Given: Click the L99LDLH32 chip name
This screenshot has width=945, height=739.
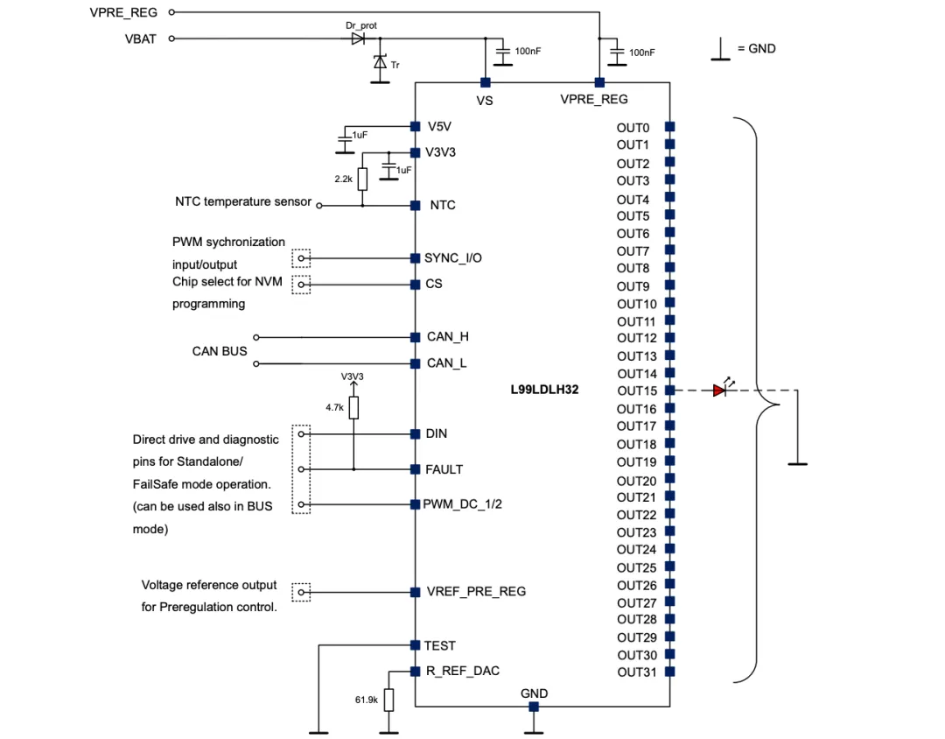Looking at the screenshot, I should (x=544, y=391).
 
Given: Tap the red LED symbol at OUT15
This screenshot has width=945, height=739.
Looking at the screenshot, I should (x=719, y=391).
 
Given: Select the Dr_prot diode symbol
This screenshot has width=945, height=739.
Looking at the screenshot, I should (x=357, y=39).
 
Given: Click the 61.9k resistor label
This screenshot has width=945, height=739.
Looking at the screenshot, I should (x=367, y=700).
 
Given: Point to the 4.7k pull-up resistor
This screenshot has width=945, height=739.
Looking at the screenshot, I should (x=353, y=408).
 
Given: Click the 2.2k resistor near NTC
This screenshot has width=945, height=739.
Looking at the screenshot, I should (x=362, y=179).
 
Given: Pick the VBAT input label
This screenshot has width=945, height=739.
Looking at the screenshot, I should (x=140, y=39).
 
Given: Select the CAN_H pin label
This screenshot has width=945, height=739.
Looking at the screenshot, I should (x=448, y=337).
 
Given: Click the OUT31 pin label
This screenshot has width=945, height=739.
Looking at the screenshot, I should (x=636, y=672).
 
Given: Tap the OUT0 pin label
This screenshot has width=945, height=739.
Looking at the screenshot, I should (x=633, y=128).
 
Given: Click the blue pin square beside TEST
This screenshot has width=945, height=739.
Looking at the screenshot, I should (x=416, y=645).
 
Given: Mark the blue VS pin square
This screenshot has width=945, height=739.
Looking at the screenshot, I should (x=484, y=82).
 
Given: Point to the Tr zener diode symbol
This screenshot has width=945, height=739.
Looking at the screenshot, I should (x=380, y=62).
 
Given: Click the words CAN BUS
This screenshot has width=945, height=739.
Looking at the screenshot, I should (x=220, y=351).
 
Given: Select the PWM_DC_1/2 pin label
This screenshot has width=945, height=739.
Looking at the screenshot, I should (x=464, y=504).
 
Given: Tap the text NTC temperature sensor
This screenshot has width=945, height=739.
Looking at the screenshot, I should (x=243, y=202).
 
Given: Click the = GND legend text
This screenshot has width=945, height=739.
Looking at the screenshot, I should (x=757, y=48).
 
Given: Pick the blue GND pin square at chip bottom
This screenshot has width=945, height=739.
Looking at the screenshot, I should (x=533, y=707).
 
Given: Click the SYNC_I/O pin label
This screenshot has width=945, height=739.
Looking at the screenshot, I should (x=452, y=258).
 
